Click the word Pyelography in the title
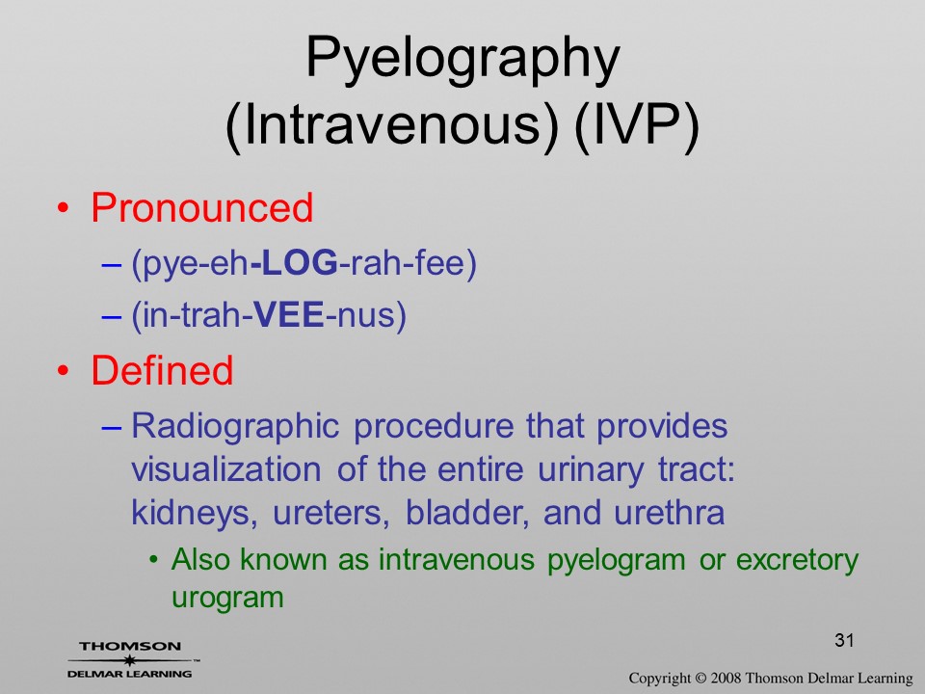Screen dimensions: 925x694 coord(462,59)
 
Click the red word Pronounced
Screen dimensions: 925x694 coord(201,208)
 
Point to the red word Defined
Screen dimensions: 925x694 coord(162,370)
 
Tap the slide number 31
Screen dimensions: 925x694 coord(844,640)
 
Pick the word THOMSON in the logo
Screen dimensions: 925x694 coord(130,646)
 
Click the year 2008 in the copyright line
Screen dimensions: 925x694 coord(725,678)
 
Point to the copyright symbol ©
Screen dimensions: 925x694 coord(700,678)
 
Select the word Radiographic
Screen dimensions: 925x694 coord(235,427)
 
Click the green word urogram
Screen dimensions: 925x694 coord(227,598)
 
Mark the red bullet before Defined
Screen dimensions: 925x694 coord(64,371)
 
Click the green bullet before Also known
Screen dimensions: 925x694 coord(154,559)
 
